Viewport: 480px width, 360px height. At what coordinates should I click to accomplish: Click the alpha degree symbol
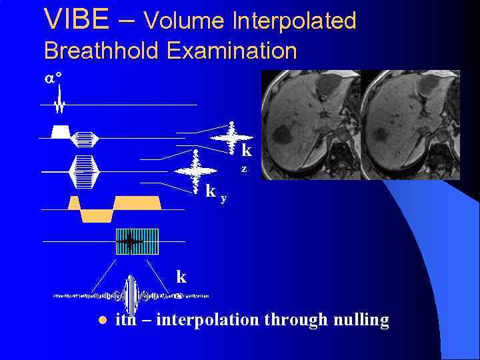coord(53,78)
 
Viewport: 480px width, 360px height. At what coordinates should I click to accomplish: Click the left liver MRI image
coord(310,125)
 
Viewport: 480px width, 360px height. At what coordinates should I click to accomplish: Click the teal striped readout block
coord(137,241)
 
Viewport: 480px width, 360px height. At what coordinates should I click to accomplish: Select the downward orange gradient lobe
coord(97,215)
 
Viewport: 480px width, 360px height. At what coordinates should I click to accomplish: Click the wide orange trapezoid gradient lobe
coord(137,203)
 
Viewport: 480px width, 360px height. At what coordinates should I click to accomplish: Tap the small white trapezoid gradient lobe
coord(60,131)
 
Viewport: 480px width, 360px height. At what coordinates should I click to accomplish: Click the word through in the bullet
coord(296,320)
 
